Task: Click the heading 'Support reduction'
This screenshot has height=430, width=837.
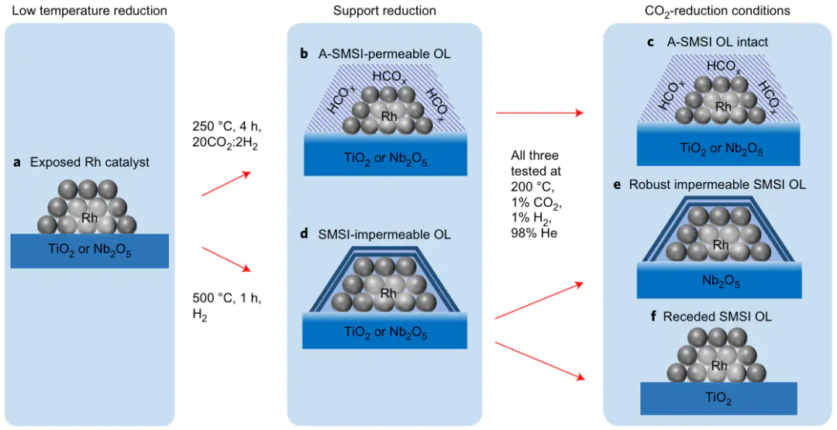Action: tap(384, 10)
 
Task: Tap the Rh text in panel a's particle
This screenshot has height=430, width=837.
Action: tap(89, 218)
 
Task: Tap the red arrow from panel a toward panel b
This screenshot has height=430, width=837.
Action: tap(226, 183)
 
